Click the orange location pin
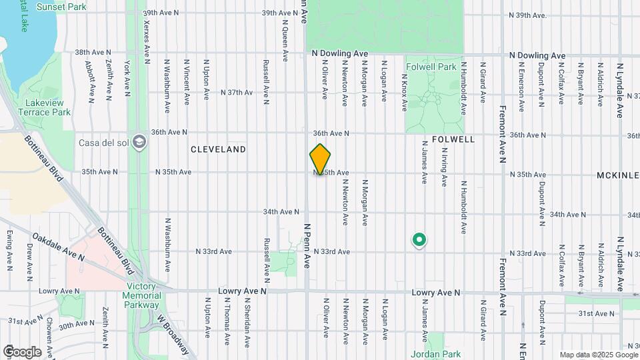coord(320,159)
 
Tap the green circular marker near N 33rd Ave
coord(419,239)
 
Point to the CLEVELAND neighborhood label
coord(218,149)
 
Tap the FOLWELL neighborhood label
coord(453,140)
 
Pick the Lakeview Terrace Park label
coord(47,107)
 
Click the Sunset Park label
coord(61,7)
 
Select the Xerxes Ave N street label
coord(147,37)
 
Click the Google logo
coord(22,351)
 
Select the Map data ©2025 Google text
coord(597,355)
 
